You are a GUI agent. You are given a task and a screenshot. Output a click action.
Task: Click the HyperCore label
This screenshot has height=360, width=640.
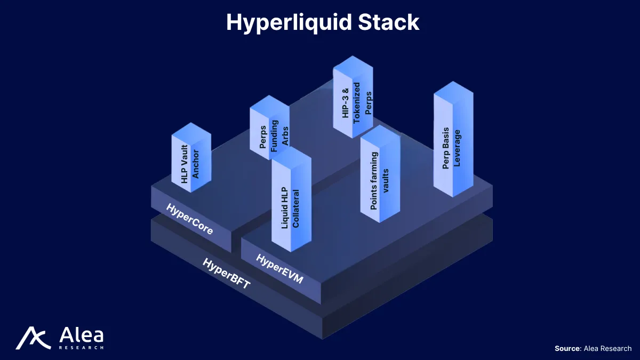tap(189, 219)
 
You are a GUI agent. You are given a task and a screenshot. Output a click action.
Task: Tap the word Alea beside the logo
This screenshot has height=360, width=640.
tap(81, 335)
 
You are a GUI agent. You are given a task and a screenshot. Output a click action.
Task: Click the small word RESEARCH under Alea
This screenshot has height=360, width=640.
tap(81, 347)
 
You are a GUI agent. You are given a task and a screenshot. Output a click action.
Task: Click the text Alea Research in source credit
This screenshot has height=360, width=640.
tap(607, 348)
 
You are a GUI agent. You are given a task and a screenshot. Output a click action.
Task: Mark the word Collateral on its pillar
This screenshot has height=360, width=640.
tap(296, 208)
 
